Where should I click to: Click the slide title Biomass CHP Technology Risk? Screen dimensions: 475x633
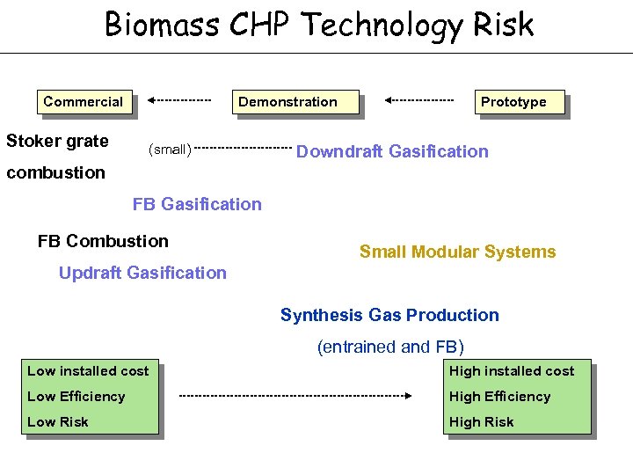318,24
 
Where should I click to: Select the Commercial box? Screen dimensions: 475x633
84,102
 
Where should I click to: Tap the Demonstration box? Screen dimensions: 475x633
287,102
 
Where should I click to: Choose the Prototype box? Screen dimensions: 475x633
513,102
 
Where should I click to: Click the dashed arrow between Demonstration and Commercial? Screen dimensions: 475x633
179,99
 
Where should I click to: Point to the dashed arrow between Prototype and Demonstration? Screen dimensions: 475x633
419,99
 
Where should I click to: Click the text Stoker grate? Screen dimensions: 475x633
57,141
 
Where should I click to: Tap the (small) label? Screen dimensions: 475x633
169,150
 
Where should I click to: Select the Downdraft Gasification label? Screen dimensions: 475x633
392,151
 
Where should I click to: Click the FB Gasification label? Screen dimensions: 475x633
197,204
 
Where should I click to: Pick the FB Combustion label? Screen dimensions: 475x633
103,241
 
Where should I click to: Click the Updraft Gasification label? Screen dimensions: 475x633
142,273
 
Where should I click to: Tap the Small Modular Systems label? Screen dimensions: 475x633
457,252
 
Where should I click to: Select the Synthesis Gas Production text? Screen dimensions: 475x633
389,315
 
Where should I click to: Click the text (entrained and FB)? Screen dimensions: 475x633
390,347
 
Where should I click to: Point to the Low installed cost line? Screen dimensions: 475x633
88,371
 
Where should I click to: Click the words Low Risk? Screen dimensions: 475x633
58,422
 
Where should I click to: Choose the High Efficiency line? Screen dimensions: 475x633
499,397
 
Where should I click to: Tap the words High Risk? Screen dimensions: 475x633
482,422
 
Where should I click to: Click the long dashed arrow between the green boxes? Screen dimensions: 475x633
295,396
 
